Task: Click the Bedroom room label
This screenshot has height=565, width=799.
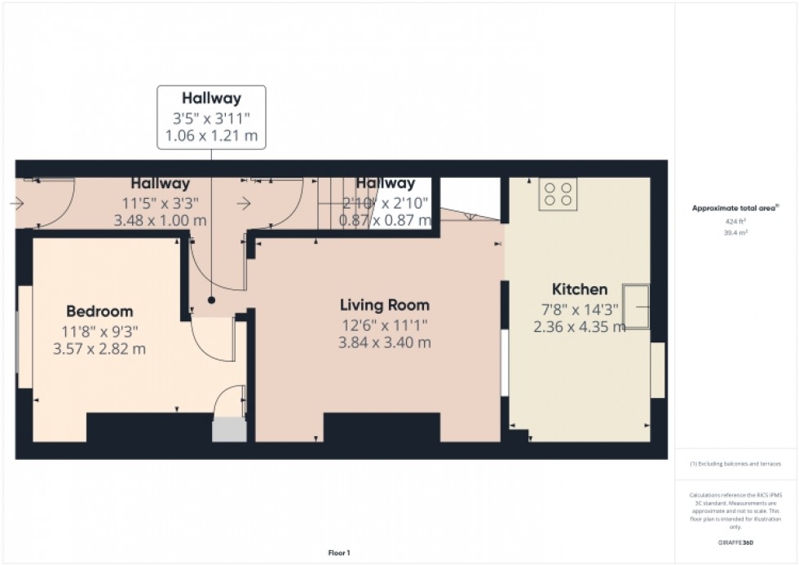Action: (99, 311)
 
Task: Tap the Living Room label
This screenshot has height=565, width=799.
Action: (385, 306)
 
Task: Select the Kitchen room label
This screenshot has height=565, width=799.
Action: (580, 289)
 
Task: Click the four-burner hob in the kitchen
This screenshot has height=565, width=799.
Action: (558, 193)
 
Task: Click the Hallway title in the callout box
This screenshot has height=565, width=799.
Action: (211, 99)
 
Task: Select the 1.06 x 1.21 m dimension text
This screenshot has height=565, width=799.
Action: (211, 136)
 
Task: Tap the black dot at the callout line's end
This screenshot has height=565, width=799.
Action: (211, 300)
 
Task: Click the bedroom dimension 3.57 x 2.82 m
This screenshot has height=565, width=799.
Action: (99, 350)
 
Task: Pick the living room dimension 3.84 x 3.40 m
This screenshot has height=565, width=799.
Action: (385, 343)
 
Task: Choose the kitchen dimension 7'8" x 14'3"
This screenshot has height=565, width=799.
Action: (580, 309)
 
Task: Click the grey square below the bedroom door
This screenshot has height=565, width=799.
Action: (229, 430)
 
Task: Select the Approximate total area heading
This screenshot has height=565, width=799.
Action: (736, 209)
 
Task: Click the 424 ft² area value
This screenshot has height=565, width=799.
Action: (736, 221)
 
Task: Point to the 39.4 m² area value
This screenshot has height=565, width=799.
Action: (736, 232)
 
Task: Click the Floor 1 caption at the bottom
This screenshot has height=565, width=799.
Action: (338, 554)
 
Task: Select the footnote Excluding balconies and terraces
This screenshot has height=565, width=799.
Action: (735, 464)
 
